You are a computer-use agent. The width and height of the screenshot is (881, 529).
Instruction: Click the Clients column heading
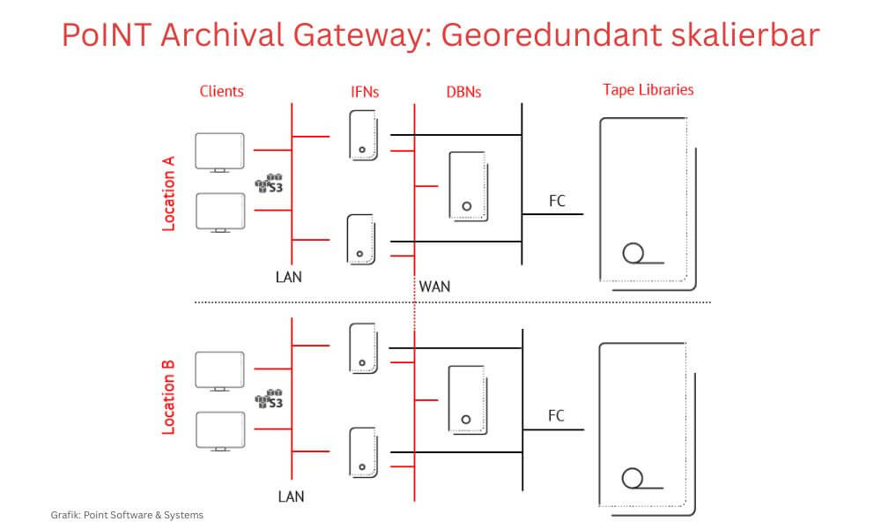tap(222, 91)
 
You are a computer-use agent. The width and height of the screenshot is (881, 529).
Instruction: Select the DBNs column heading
tap(463, 91)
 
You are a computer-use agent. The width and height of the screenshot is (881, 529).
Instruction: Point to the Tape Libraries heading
tap(648, 90)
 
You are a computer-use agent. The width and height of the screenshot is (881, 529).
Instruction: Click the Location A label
tap(169, 193)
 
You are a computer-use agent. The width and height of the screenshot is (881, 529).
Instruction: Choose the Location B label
tap(169, 397)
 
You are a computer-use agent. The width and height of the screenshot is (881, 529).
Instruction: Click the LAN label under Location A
tap(288, 277)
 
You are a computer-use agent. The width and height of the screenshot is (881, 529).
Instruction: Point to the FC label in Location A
tap(557, 201)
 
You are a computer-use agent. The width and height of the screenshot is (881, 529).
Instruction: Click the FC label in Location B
tap(557, 415)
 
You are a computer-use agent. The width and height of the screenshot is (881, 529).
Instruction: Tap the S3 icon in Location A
tap(269, 183)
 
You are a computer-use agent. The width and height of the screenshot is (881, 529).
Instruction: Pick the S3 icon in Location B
tap(269, 399)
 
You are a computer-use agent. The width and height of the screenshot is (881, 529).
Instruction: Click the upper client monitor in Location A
tap(219, 153)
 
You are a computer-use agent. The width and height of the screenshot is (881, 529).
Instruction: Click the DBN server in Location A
tap(467, 185)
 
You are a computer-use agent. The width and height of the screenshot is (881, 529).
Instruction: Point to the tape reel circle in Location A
tap(632, 253)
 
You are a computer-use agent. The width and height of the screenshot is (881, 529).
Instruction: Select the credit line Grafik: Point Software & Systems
tap(128, 515)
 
